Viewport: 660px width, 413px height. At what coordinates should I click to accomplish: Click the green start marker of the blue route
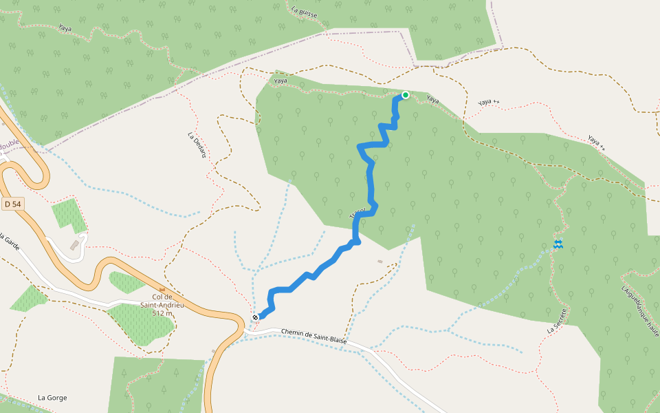coord(406,95)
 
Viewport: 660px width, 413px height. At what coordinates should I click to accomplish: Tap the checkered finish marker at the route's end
coord(255,317)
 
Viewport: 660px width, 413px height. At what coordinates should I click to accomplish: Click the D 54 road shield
coord(12,204)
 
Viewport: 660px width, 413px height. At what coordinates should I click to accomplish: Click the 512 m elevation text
coord(162,313)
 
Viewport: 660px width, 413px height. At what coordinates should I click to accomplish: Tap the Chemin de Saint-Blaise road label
coord(313,337)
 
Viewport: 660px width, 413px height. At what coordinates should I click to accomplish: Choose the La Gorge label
coord(52,397)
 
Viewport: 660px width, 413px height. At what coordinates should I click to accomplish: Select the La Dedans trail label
coord(197,145)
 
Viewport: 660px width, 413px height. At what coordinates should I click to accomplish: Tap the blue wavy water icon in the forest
coord(558,244)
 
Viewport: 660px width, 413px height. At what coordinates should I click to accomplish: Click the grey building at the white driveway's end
coord(74,245)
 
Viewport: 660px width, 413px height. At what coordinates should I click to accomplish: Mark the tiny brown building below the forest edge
coord(379,261)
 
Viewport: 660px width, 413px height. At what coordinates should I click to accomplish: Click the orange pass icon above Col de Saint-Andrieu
coord(162,289)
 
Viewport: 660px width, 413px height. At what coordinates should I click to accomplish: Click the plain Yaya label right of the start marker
coord(432,100)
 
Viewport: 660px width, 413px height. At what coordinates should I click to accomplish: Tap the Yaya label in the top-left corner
coord(65,28)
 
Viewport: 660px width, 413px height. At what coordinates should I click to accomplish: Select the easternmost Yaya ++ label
coord(597,142)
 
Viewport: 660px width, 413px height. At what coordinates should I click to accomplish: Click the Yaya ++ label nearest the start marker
coord(489,102)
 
